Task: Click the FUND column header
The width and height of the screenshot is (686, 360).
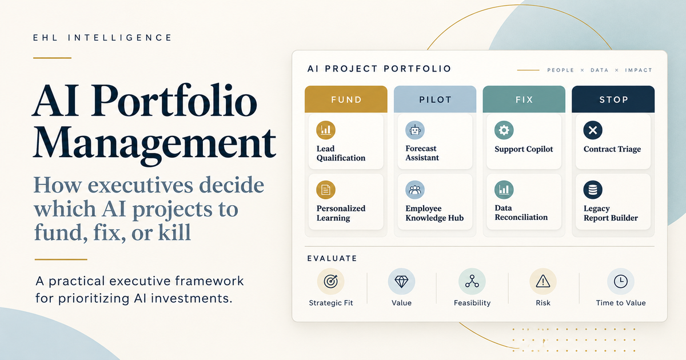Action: coord(346,99)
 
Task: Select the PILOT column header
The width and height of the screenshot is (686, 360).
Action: coord(435,99)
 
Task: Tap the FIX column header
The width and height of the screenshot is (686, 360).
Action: coord(524,99)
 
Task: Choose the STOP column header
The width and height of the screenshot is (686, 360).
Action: coord(613,99)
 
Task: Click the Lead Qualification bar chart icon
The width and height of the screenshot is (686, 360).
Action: coord(326,130)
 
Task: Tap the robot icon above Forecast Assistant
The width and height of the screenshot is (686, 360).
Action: coord(415,130)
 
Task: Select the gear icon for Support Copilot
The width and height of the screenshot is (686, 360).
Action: coord(504,130)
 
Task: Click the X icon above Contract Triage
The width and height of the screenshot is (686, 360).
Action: coord(593,130)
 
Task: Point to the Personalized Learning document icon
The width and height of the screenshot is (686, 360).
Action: coord(326,190)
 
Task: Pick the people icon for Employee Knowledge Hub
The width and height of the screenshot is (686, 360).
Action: coord(415,190)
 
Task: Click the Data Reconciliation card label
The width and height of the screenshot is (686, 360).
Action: coord(521,213)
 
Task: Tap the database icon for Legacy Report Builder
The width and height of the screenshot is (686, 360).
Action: coord(593,190)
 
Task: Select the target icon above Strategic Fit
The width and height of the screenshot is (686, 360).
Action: coord(331,281)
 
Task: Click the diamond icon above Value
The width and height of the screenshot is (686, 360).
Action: coord(401,281)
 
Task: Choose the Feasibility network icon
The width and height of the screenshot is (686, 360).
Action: coord(472,281)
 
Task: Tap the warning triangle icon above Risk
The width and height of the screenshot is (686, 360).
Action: coord(543,281)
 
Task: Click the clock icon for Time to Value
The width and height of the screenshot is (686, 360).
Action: coord(621,281)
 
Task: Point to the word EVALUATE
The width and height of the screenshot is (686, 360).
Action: coord(332,258)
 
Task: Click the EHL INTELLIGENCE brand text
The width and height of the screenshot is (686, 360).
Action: coord(102,38)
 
